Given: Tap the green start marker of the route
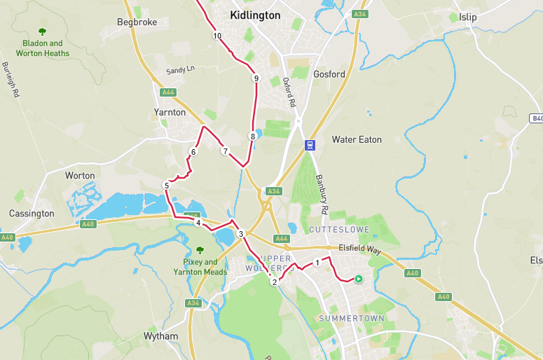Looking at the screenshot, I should coord(358,279).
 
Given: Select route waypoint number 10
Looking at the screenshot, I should coord(217,36).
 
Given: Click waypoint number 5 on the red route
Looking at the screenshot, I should coord(166,186).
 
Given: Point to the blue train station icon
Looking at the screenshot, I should coord(309,145).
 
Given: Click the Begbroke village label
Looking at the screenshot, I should coord(137,22).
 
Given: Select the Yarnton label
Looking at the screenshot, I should coord(170,112).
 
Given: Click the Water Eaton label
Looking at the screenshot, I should coord(357,139).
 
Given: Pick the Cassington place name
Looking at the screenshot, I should coord(32,213).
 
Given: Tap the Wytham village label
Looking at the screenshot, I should coord(160,336).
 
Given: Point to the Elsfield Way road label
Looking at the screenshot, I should coord(359,247).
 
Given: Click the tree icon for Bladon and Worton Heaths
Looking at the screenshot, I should coord(42,32).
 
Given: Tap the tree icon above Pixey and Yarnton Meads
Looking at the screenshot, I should coord(200,249).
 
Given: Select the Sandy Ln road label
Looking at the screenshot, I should coord(179,71).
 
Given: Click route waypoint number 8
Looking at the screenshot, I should coord(252,137).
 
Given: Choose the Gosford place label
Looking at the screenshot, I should coord(329,74).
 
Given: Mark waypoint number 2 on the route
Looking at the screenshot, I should coord(274,282).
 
